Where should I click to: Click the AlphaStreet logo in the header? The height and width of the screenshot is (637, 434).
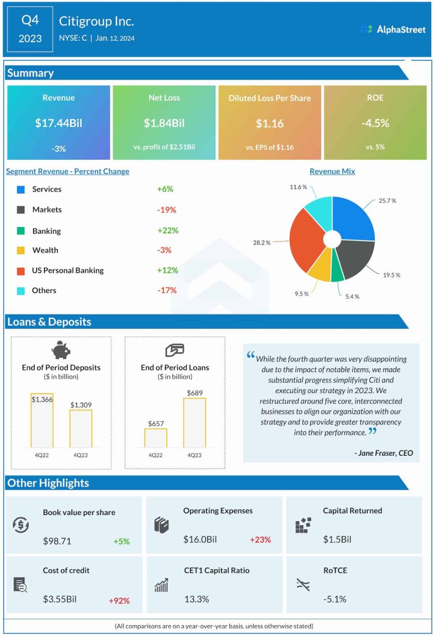pyautogui.click(x=393, y=29)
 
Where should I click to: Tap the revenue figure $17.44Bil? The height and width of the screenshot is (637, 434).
pyautogui.click(x=59, y=123)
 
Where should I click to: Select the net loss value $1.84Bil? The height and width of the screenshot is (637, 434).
pyautogui.click(x=164, y=123)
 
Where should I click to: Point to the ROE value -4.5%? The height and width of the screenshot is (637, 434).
pyautogui.click(x=375, y=123)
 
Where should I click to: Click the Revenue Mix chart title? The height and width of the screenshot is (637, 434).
pyautogui.click(x=332, y=171)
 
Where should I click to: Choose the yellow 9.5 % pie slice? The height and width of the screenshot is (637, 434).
pyautogui.click(x=319, y=268)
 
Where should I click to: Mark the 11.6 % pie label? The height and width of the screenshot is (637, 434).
pyautogui.click(x=298, y=187)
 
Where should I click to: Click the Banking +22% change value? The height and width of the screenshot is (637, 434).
pyautogui.click(x=168, y=230)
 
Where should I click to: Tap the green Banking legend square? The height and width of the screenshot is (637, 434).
pyautogui.click(x=21, y=230)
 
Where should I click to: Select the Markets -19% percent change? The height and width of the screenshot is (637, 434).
pyautogui.click(x=167, y=210)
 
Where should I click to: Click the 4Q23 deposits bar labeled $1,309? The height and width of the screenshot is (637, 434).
pyautogui.click(x=81, y=429)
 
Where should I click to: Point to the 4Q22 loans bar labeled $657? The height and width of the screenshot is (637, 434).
pyautogui.click(x=155, y=438)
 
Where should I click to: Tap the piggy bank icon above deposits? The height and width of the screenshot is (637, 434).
pyautogui.click(x=61, y=350)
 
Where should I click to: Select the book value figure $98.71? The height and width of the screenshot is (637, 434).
pyautogui.click(x=57, y=541)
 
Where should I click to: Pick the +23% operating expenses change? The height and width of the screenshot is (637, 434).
pyautogui.click(x=261, y=539)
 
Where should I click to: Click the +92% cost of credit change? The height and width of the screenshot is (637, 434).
pyautogui.click(x=119, y=601)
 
